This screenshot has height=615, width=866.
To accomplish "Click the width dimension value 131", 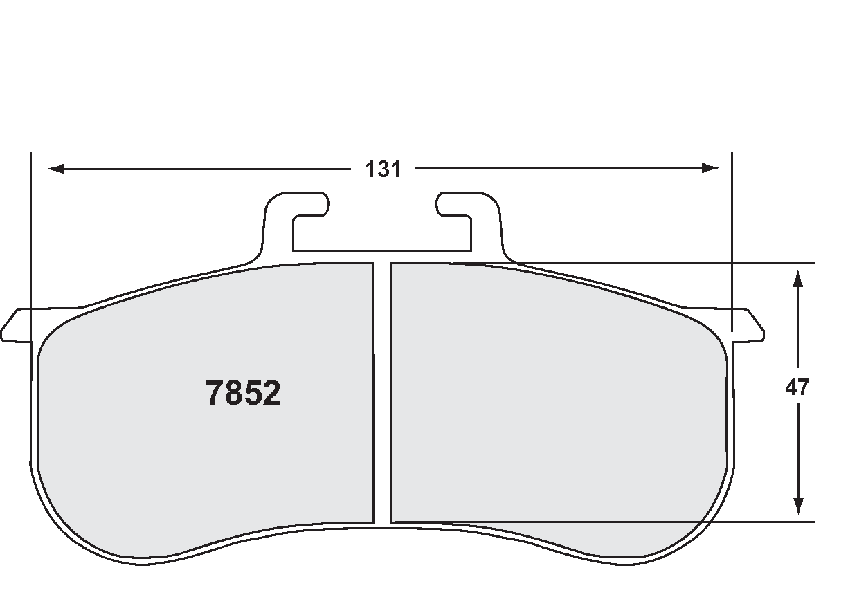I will (x=383, y=169).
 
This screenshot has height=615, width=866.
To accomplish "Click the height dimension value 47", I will (x=797, y=387).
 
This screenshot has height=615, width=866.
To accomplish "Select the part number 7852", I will (x=243, y=394).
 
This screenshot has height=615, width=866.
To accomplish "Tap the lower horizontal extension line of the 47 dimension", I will (x=761, y=522).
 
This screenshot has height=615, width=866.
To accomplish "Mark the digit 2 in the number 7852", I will (x=271, y=394).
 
